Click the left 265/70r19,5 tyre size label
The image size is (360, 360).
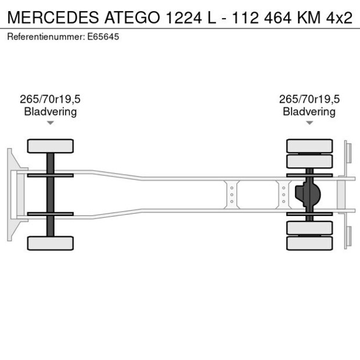(51, 99)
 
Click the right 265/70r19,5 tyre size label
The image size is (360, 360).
(309, 99)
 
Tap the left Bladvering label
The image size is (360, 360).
(51, 111)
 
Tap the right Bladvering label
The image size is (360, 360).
(309, 111)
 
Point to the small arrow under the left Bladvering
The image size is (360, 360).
(51, 123)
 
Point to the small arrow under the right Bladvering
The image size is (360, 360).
(309, 123)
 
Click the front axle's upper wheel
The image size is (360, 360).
(51, 146)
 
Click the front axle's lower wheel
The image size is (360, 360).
(51, 243)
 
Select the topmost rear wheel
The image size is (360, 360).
(309, 145)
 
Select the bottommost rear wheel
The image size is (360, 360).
(309, 243)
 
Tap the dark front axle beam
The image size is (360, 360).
(51, 195)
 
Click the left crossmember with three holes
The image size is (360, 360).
(232, 195)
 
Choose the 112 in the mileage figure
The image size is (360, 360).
(244, 17)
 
